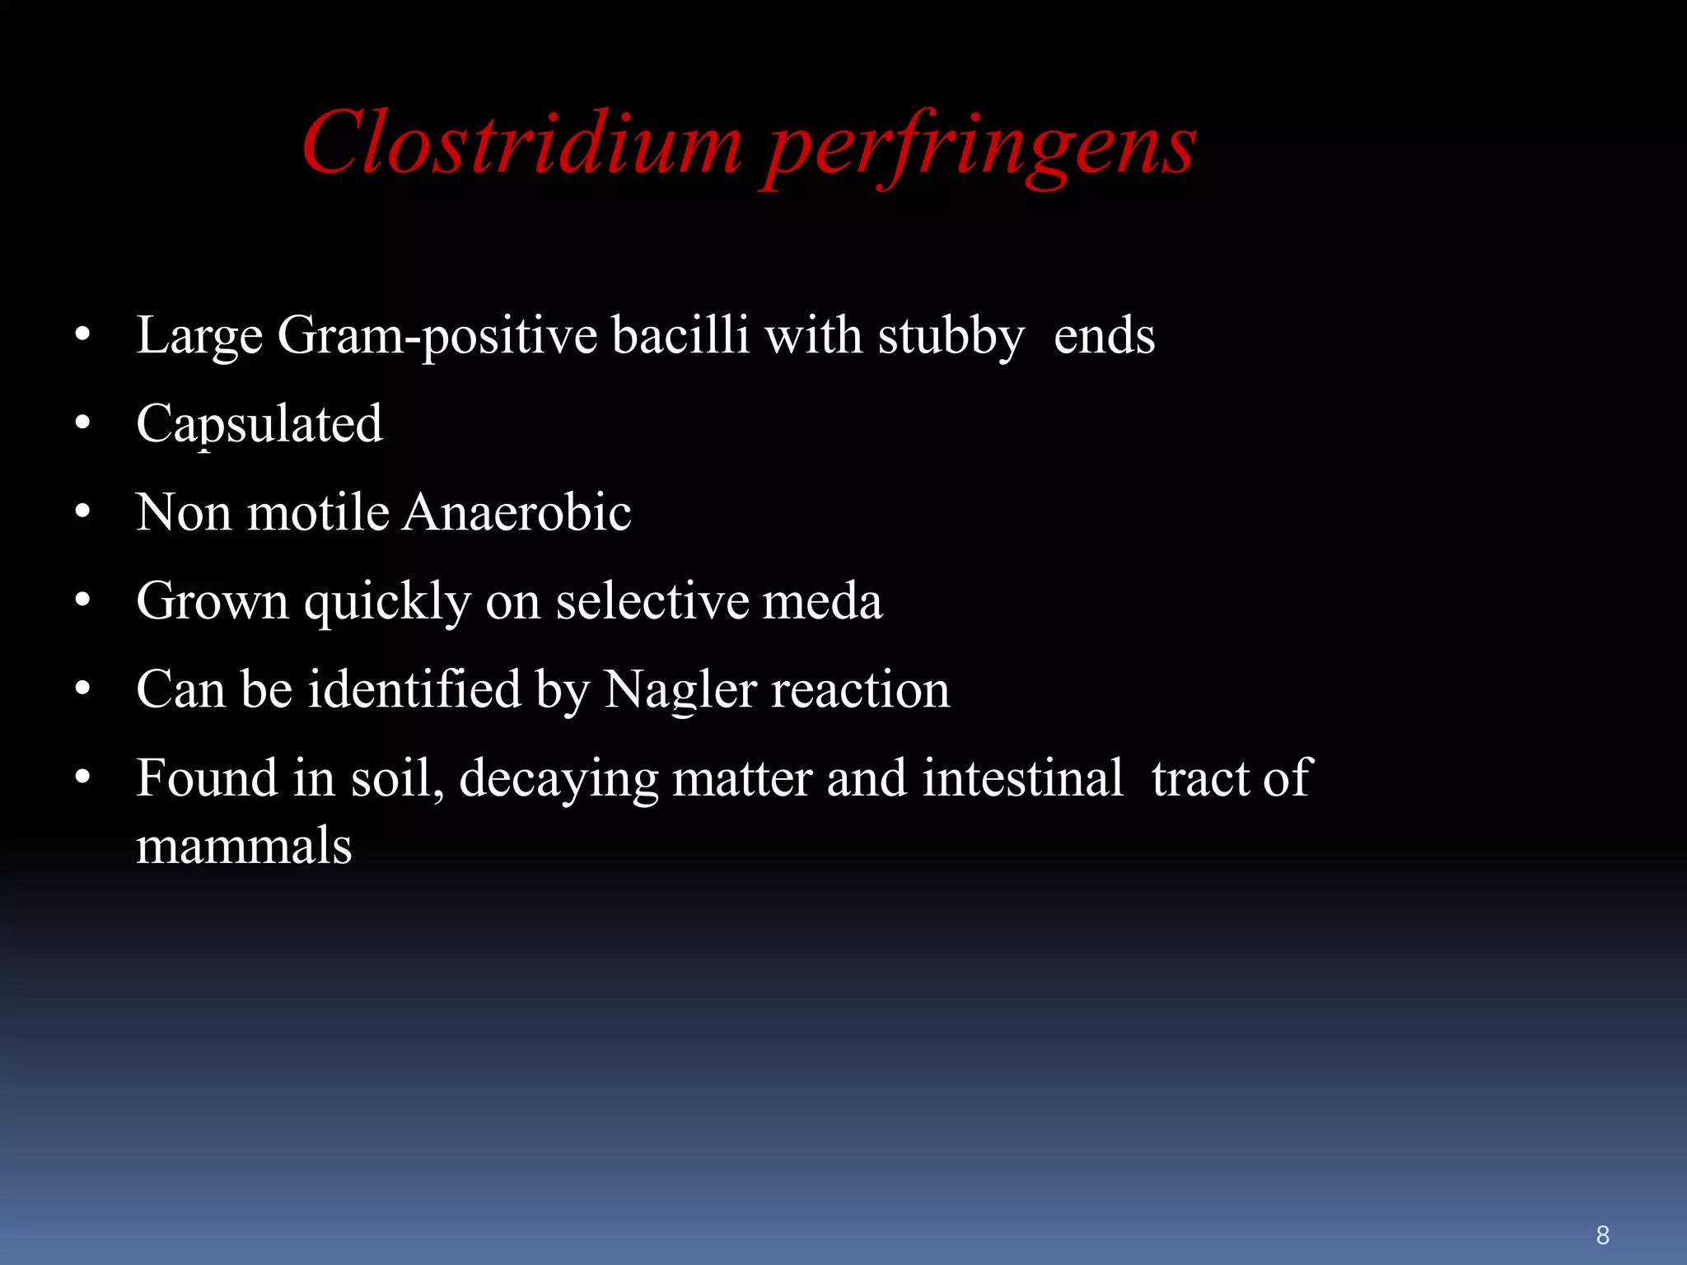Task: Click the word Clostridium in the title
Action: click(522, 143)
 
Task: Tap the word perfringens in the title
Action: click(980, 147)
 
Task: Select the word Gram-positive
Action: click(437, 336)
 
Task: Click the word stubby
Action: click(951, 336)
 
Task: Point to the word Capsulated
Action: click(259, 424)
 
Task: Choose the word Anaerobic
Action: click(516, 512)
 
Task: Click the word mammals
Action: click(244, 846)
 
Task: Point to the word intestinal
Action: click(1022, 777)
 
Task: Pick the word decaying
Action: click(558, 779)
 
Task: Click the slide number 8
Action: click(1602, 1235)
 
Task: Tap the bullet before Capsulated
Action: click(82, 423)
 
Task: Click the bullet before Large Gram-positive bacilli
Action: click(82, 335)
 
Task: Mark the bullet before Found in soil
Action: click(82, 777)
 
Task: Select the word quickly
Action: click(387, 602)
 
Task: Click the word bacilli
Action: click(680, 335)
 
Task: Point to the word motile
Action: click(318, 512)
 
